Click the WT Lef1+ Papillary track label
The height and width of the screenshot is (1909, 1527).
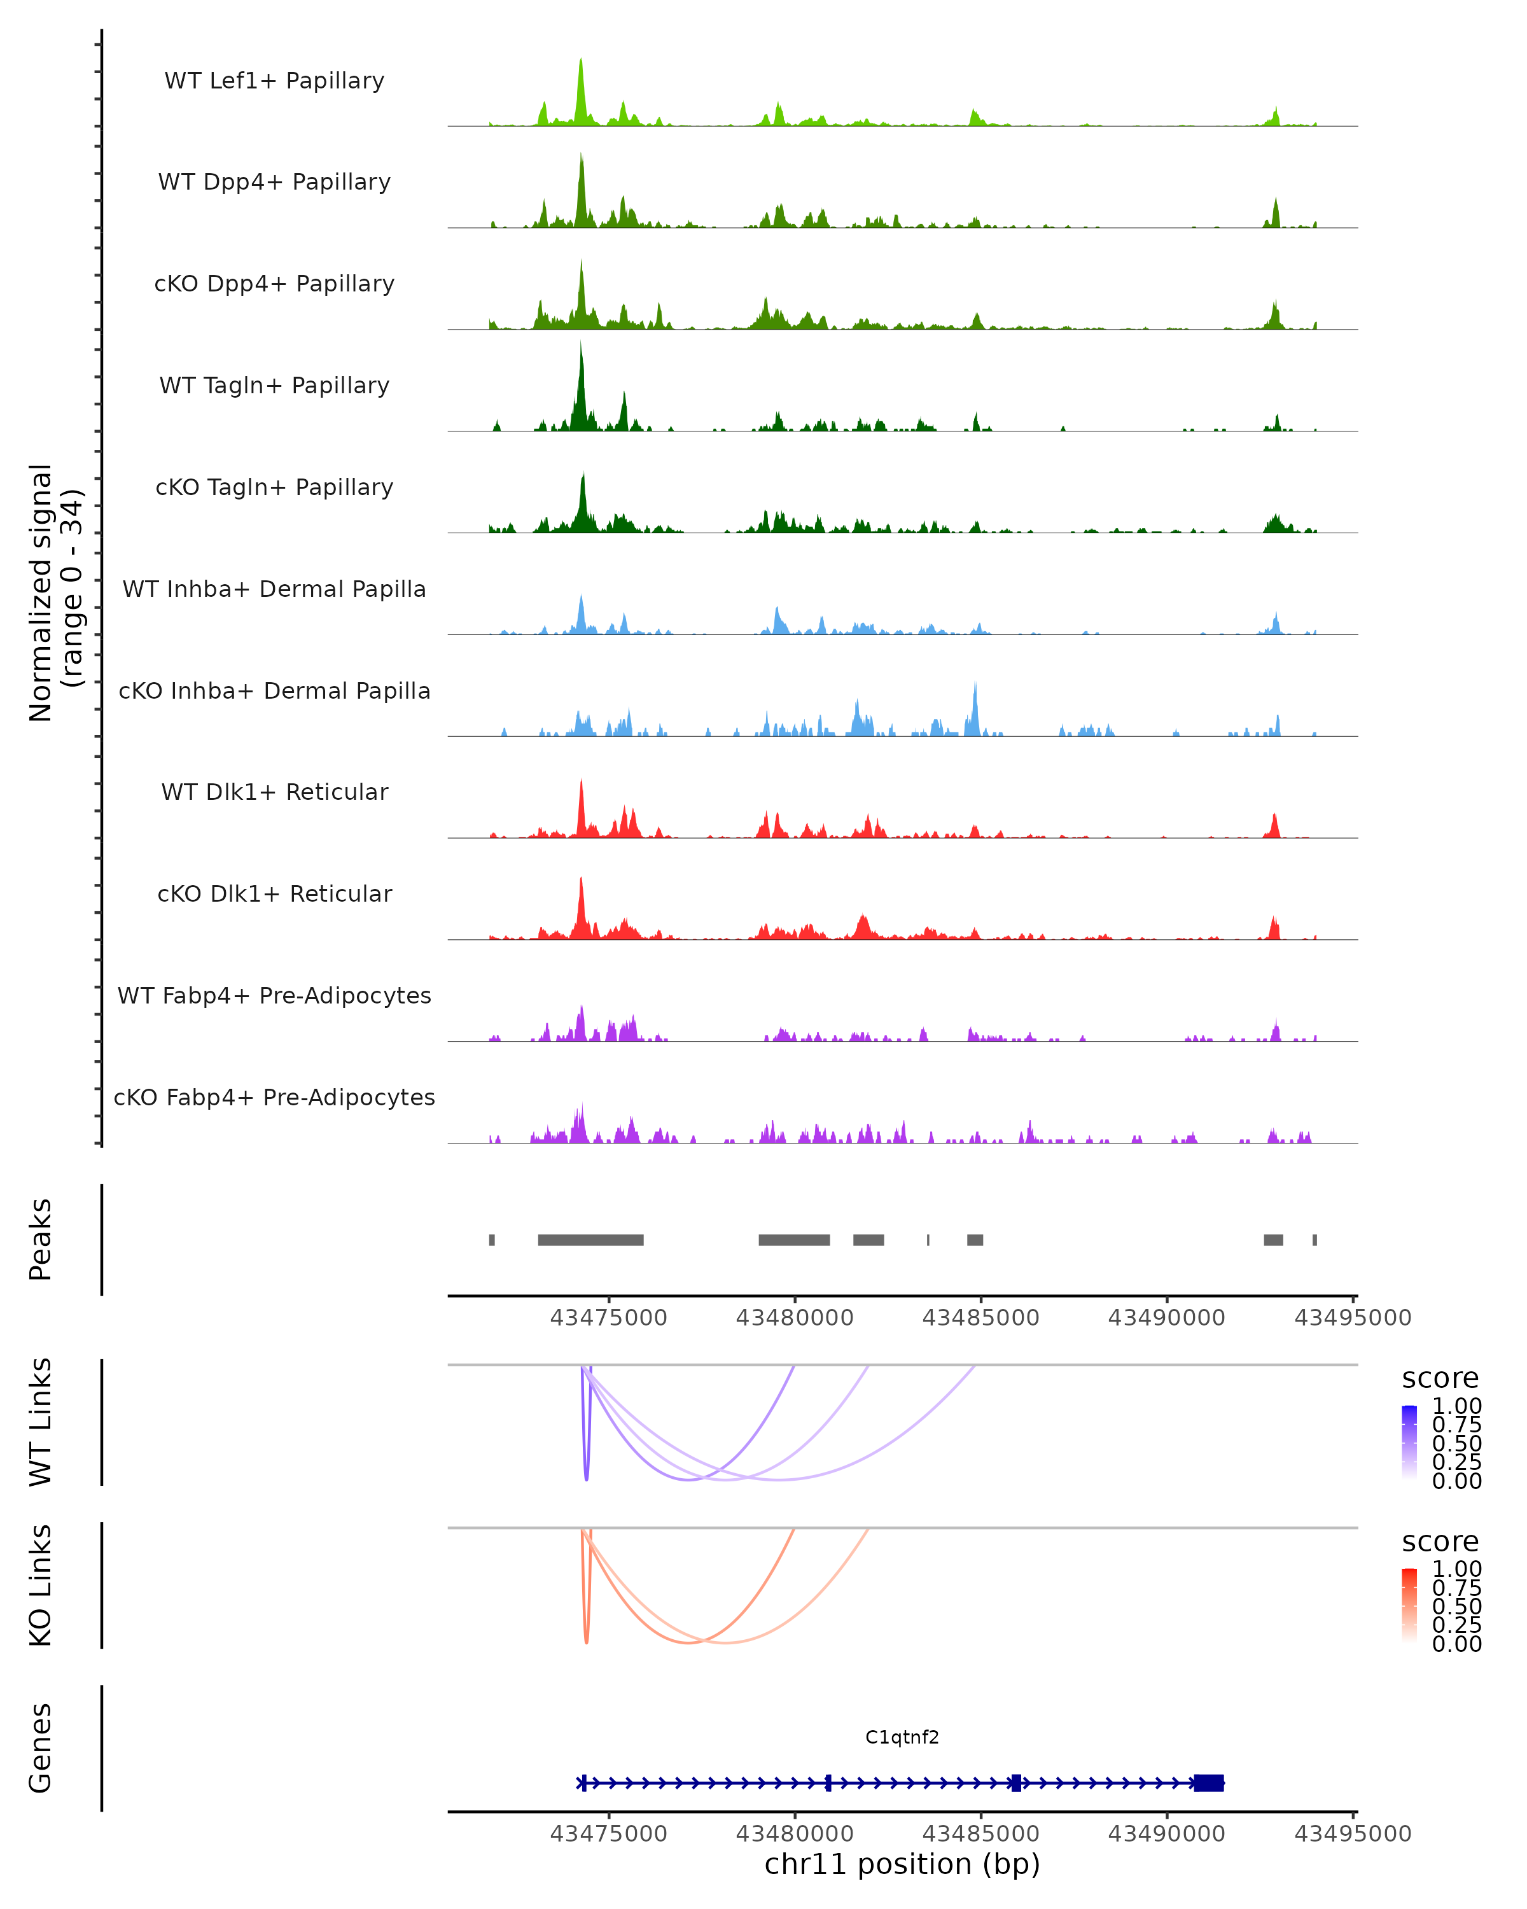pyautogui.click(x=274, y=81)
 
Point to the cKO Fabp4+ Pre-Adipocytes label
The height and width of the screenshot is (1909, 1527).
pyautogui.click(x=274, y=1097)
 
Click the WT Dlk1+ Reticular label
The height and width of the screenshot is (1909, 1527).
pyautogui.click(x=274, y=792)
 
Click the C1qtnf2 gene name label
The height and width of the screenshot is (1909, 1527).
pyautogui.click(x=902, y=1737)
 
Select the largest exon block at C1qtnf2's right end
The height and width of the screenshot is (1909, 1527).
pyautogui.click(x=1208, y=1783)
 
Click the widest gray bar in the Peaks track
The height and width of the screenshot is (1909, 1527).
pyautogui.click(x=590, y=1240)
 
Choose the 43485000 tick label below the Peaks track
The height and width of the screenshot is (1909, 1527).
pyautogui.click(x=981, y=1318)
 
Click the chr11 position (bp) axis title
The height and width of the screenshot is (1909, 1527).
pyautogui.click(x=902, y=1864)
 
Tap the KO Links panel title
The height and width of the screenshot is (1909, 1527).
pyautogui.click(x=41, y=1585)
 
